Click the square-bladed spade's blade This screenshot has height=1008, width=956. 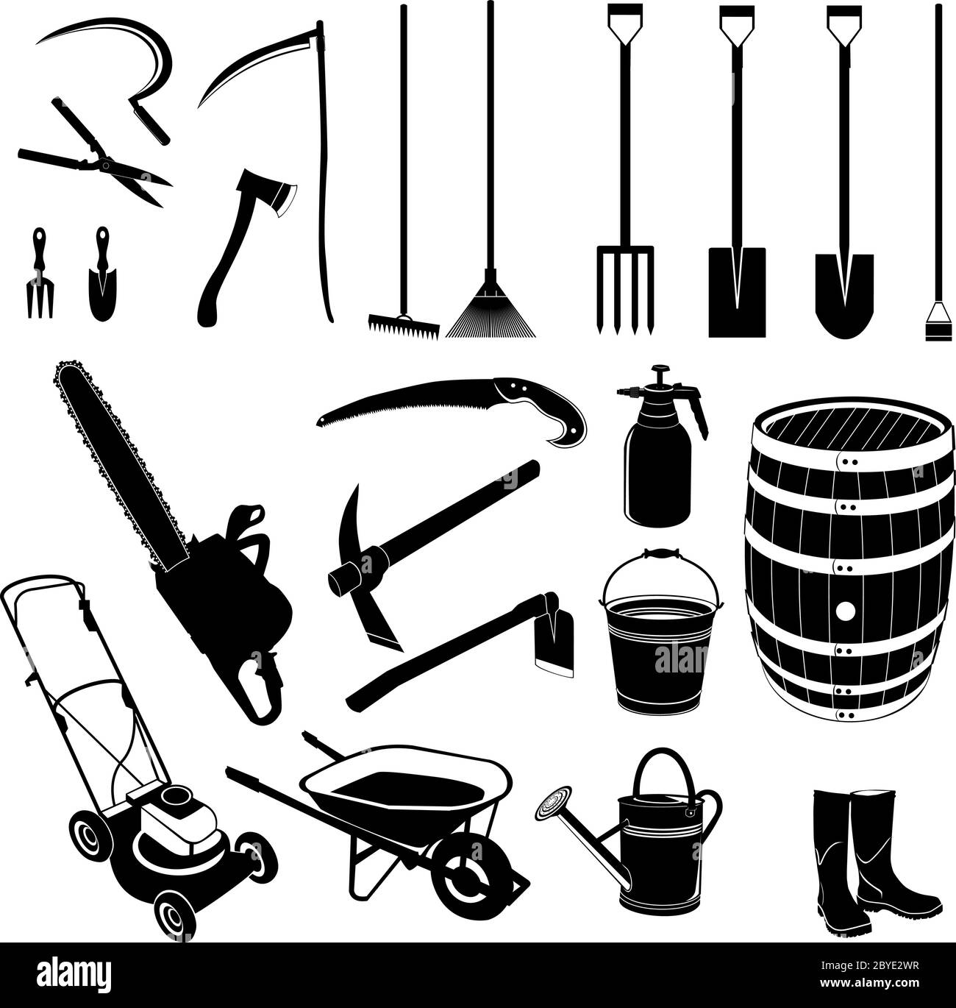[x=736, y=291]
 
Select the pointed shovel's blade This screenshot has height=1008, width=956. [x=843, y=291]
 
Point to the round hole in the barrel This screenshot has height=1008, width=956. [x=846, y=611]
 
